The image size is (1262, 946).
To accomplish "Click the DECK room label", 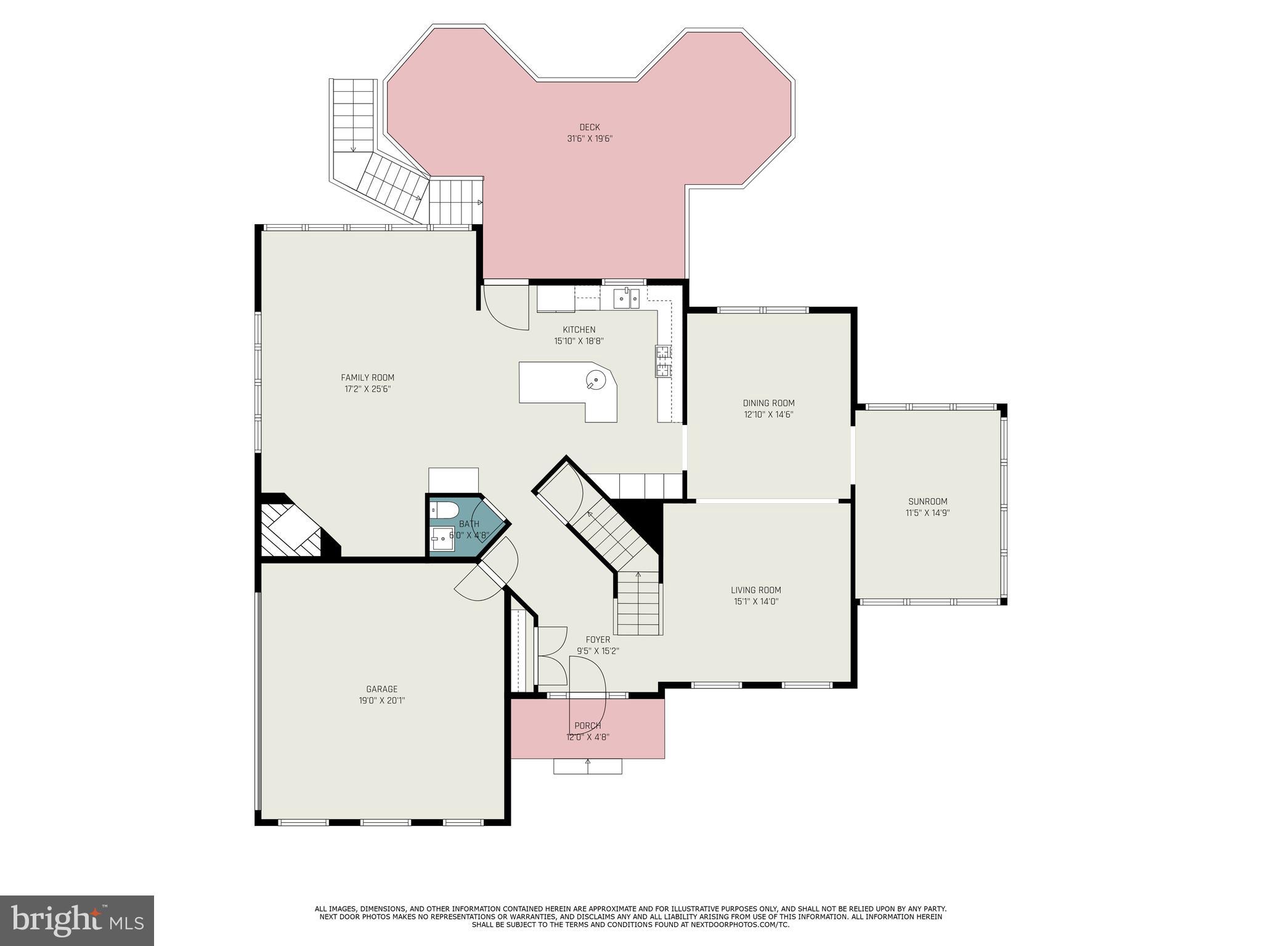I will click(589, 127).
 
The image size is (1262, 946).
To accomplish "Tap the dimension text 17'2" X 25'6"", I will click(367, 389).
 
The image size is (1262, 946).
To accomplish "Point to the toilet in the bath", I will click(444, 509).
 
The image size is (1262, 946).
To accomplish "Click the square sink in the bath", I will click(441, 538).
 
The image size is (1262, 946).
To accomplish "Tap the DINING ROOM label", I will click(768, 403).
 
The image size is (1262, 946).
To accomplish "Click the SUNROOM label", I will click(927, 501).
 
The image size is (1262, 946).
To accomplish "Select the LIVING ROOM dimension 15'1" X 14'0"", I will click(755, 602).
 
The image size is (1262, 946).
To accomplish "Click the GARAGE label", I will click(381, 689).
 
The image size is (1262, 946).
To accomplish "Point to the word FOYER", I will click(598, 640).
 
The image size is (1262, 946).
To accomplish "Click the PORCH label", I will click(587, 726).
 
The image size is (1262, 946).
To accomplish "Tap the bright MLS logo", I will click(76, 921).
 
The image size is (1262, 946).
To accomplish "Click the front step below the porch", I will click(587, 766).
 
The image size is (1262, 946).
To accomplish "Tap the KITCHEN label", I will click(579, 329).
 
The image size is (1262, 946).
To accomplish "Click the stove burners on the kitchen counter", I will click(663, 361).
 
